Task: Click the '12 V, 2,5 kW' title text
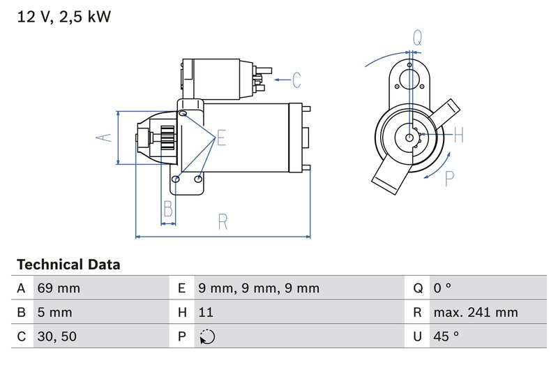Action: point(63,17)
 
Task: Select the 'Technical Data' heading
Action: point(68,265)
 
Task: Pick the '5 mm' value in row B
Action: point(56,312)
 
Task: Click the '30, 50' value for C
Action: point(57,336)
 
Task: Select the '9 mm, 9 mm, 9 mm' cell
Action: point(258,288)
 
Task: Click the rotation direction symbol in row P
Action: point(207,336)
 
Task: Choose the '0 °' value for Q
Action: point(442,288)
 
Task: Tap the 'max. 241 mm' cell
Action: point(475,312)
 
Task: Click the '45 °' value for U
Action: point(446,336)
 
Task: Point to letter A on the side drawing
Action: point(103,137)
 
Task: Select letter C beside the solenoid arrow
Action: point(296,80)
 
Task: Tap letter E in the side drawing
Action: point(221,137)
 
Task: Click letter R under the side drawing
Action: point(223,222)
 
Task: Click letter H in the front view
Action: point(458,135)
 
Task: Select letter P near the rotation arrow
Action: point(450,179)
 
